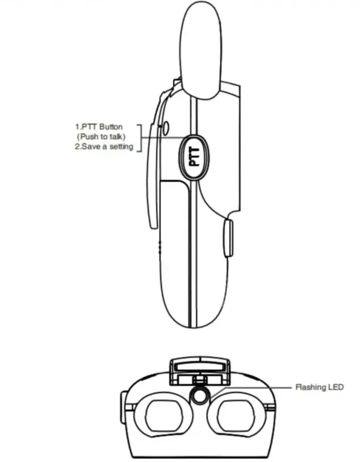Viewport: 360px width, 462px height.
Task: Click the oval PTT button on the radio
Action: point(194,156)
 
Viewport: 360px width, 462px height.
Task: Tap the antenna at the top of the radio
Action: point(201,50)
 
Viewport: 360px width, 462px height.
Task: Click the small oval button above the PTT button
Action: point(166,128)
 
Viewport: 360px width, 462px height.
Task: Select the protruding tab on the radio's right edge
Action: point(229,238)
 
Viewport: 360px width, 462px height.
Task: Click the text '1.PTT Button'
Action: point(99,127)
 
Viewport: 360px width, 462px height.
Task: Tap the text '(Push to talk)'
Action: point(101,137)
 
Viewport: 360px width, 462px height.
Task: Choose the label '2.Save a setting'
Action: point(104,146)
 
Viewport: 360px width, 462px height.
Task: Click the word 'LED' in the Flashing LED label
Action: point(336,387)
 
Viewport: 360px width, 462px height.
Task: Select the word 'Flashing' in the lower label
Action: point(311,387)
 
